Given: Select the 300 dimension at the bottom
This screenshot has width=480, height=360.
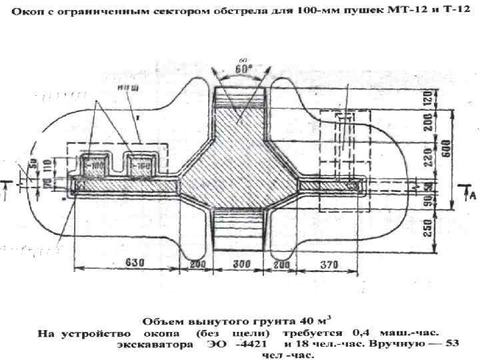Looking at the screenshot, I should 237,264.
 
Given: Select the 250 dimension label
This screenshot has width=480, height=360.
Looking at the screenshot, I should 437,229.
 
